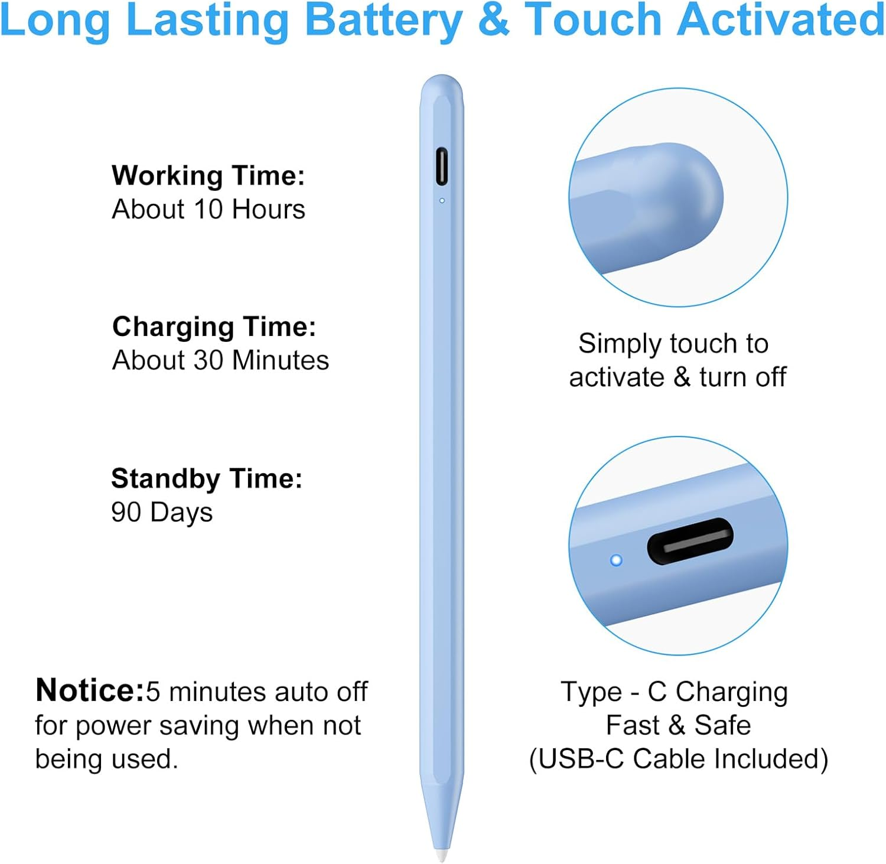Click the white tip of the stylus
tap(441, 854)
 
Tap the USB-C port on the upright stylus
tap(441, 166)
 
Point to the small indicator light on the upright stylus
tap(442, 201)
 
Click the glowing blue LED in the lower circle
tap(616, 560)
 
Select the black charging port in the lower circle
tap(690, 541)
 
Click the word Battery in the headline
tap(383, 20)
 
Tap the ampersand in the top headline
tap(493, 20)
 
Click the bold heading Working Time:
tap(208, 175)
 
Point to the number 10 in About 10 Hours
tap(208, 209)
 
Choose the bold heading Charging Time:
tap(214, 327)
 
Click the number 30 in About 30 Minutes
tap(208, 360)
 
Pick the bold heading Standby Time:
tap(207, 478)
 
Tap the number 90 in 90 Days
tap(126, 512)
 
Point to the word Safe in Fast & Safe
tap(722, 725)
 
